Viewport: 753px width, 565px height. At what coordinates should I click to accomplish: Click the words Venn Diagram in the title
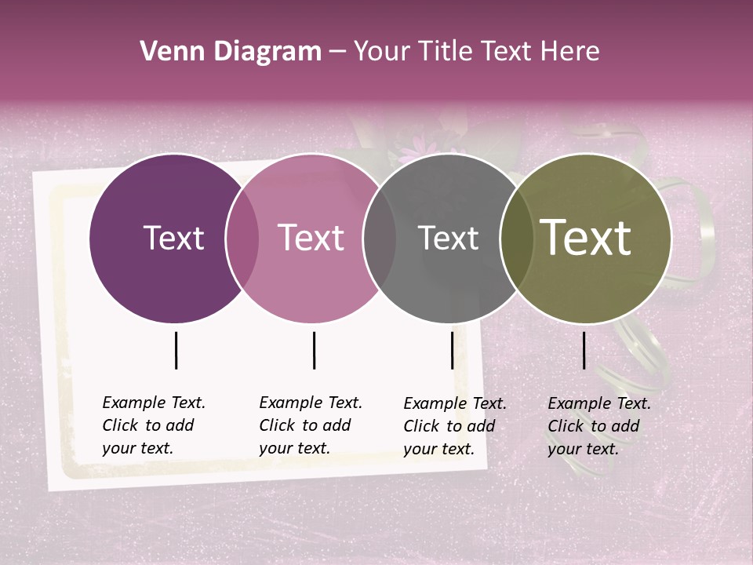231,52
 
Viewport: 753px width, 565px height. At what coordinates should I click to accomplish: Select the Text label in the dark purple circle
173,238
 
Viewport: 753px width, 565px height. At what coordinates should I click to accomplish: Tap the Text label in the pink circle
311,238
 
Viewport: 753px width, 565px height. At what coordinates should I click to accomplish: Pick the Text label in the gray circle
448,238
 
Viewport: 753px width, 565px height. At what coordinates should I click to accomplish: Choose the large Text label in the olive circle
585,238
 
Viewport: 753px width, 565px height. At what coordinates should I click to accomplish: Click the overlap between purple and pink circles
242,238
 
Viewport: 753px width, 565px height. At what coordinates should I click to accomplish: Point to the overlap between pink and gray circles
380,238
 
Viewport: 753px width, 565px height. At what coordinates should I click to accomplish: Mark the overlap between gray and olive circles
516,238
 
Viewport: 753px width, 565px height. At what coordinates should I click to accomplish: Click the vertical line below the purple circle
176,350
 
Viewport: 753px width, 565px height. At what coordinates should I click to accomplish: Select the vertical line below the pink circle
314,350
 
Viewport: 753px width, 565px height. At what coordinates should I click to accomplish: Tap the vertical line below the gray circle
452,350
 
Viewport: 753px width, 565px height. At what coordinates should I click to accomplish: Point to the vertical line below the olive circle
584,350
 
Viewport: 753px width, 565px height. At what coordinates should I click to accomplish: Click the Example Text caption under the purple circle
153,425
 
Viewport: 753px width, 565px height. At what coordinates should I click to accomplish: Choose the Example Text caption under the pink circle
310,425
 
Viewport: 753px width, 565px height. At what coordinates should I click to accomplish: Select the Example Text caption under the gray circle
454,426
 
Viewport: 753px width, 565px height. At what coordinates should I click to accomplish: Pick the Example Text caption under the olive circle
598,426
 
